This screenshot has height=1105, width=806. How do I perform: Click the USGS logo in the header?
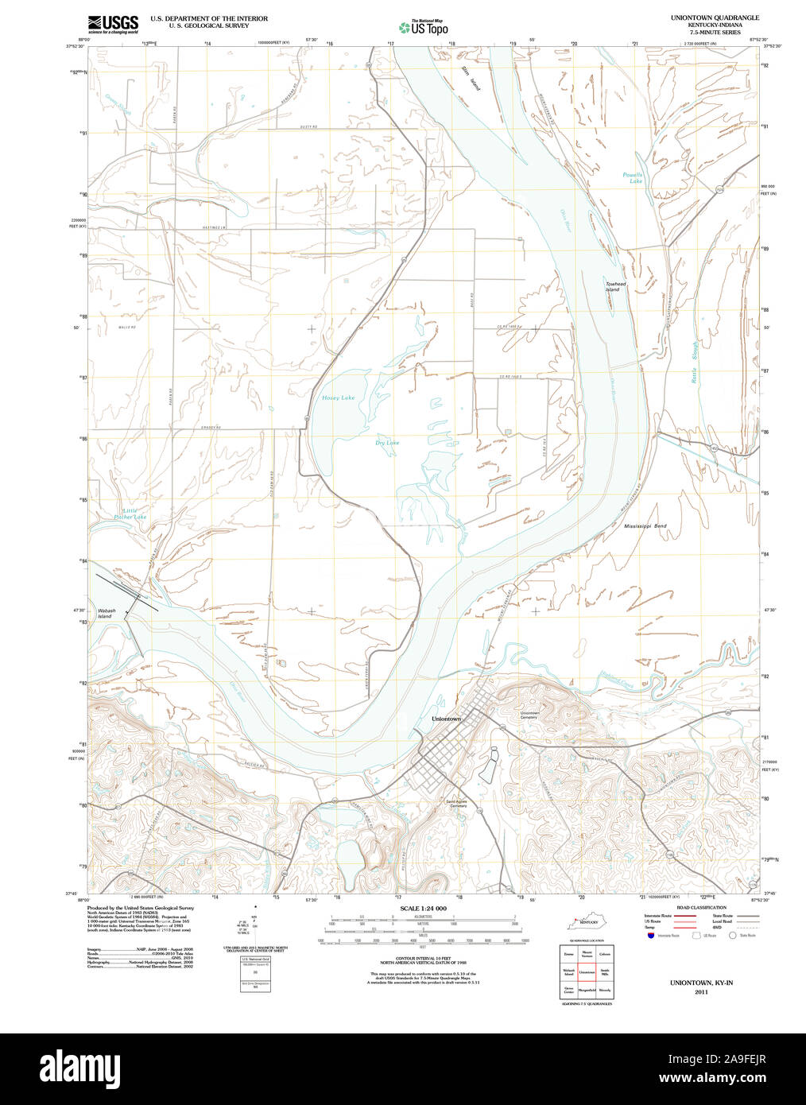(x=112, y=24)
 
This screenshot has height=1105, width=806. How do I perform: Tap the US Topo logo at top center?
(x=424, y=27)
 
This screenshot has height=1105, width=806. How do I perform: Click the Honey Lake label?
(x=338, y=397)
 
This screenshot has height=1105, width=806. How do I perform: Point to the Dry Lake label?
(x=387, y=443)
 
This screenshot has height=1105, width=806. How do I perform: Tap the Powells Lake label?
(x=633, y=178)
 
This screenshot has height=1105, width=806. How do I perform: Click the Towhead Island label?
(x=614, y=286)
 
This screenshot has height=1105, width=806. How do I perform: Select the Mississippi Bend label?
(x=645, y=526)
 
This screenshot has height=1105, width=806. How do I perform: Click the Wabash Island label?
(x=106, y=613)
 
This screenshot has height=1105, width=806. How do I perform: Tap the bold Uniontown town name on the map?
(x=445, y=719)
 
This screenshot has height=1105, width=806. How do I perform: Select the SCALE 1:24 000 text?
(x=423, y=908)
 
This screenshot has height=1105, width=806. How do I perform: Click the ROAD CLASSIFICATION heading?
(x=701, y=907)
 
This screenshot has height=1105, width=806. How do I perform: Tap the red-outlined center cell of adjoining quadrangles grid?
(x=587, y=971)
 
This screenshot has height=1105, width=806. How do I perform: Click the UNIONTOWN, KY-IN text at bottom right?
(x=700, y=983)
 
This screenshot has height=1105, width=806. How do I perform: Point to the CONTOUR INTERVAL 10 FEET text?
(x=423, y=959)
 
